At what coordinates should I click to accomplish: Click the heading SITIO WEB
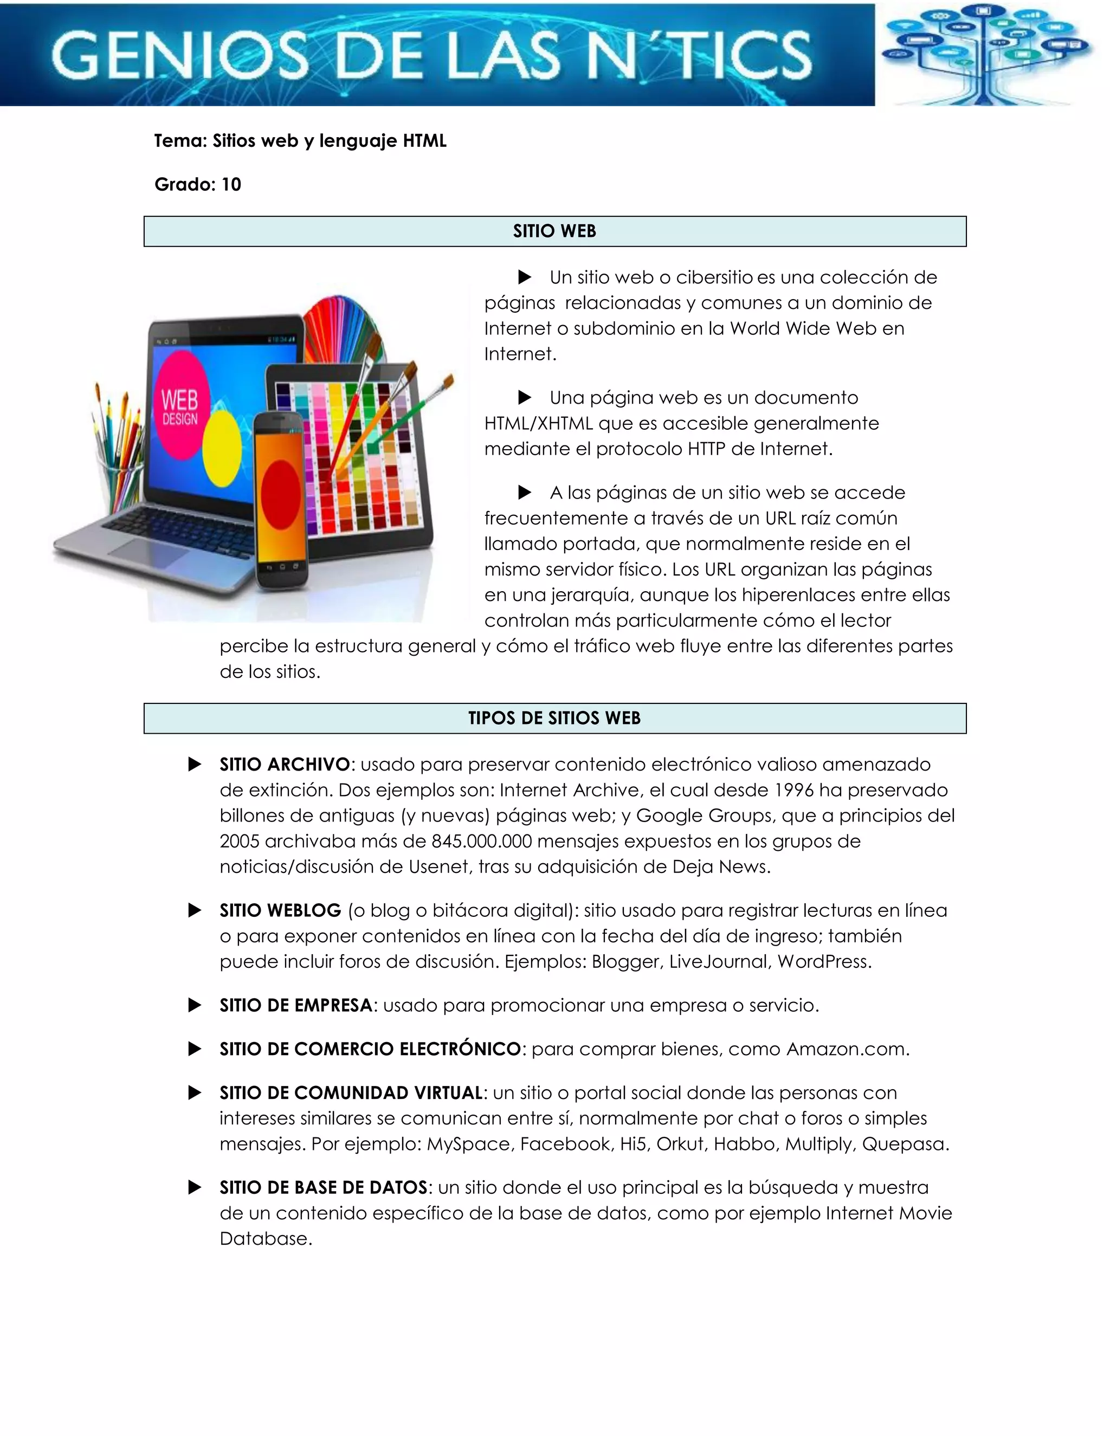pyautogui.click(x=554, y=231)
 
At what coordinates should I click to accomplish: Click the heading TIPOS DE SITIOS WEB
pyautogui.click(x=554, y=718)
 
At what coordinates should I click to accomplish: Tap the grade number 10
pyautogui.click(x=231, y=185)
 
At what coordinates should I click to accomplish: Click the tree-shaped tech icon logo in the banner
pyautogui.click(x=986, y=53)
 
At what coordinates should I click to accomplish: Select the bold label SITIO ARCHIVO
pyautogui.click(x=285, y=765)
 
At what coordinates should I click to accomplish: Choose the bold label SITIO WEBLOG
pyautogui.click(x=280, y=911)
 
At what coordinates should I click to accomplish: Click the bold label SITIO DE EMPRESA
pyautogui.click(x=296, y=1005)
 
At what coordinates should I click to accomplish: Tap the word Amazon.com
pyautogui.click(x=847, y=1050)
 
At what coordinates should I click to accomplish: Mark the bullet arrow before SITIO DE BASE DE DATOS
pyautogui.click(x=195, y=1187)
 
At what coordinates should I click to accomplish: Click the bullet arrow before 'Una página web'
pyautogui.click(x=525, y=398)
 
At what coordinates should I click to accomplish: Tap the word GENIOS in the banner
pyautogui.click(x=179, y=56)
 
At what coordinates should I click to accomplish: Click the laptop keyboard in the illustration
pyautogui.click(x=178, y=529)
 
